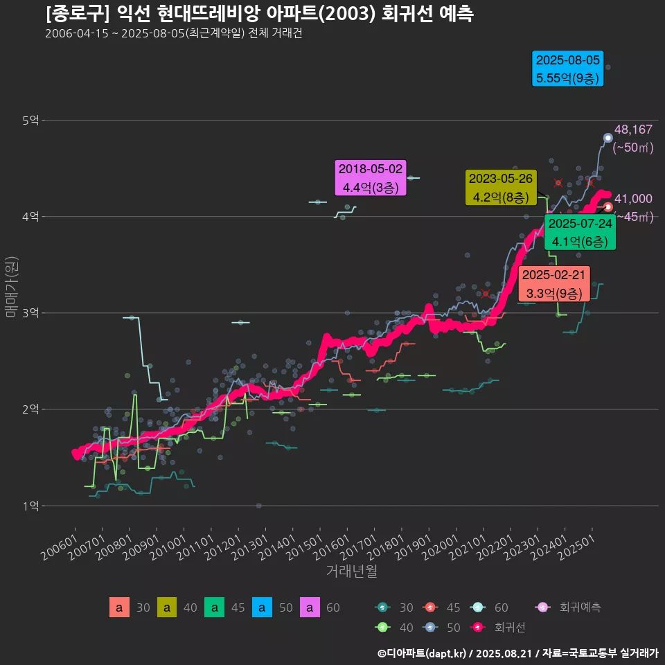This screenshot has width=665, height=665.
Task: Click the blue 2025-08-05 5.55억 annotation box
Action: (568, 69)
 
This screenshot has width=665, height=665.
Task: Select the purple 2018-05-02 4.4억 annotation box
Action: (370, 178)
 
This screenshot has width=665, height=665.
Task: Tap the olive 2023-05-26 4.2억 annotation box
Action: (501, 188)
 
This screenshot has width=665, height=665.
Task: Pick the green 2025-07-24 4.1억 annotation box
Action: (580, 233)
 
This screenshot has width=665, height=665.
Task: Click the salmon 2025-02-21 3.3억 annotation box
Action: (553, 284)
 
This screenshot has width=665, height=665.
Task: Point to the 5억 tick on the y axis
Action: (30, 121)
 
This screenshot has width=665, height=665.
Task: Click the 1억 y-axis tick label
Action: (30, 506)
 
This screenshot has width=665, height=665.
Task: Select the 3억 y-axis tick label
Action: (30, 313)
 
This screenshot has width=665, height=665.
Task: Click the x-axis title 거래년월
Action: (351, 571)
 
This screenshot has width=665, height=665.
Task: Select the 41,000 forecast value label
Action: (633, 199)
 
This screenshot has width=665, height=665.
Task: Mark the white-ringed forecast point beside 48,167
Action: (608, 138)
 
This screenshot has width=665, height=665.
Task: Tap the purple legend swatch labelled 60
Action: (310, 608)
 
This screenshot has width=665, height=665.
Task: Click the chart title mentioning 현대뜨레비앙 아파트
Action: (259, 14)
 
